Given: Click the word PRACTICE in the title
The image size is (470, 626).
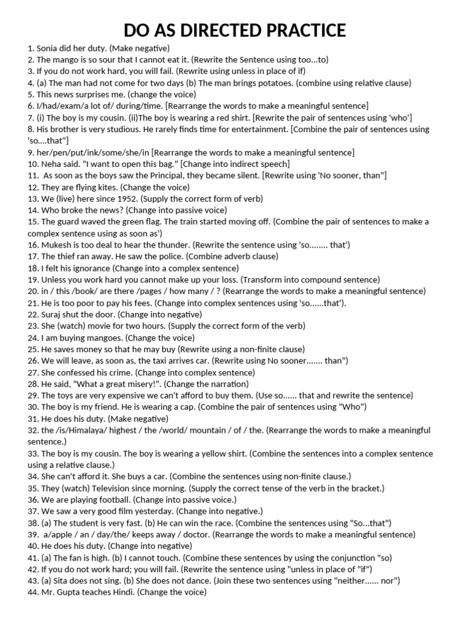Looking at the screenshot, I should click(x=297, y=30).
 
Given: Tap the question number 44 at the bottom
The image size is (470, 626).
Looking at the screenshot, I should click(x=32, y=592).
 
